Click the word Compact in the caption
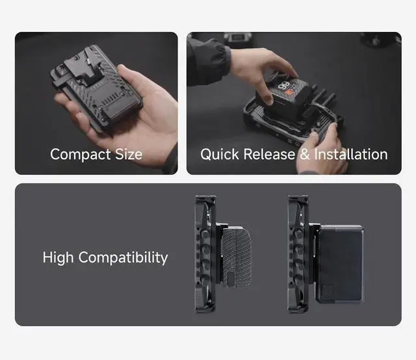[80, 155]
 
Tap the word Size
[129, 154]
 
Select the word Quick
[220, 154]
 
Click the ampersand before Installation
[305, 154]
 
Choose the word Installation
[351, 154]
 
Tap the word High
[58, 257]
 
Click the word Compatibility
[123, 257]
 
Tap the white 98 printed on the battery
[284, 86]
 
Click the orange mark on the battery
[289, 94]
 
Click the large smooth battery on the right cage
[339, 263]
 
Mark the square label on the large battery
[328, 291]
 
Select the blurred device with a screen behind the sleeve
[237, 38]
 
